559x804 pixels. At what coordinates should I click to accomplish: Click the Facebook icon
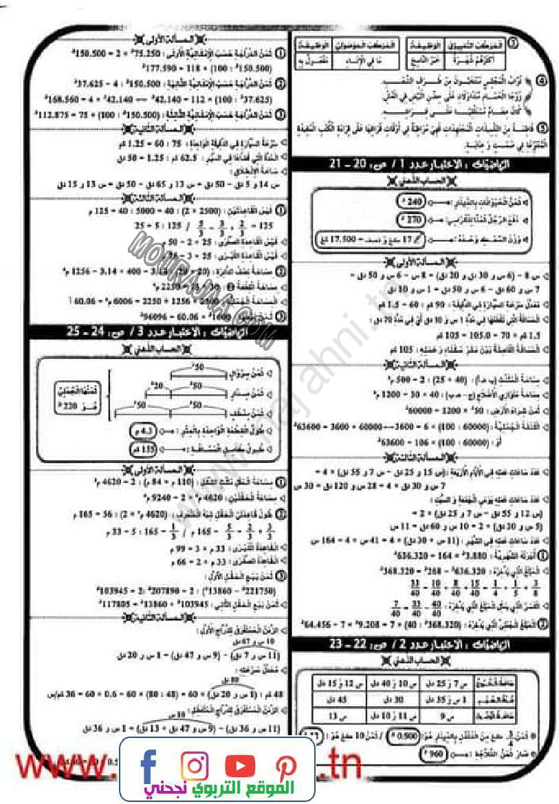point(148,764)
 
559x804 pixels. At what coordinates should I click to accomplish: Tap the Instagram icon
point(195,765)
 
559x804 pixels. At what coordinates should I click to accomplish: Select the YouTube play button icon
point(239,765)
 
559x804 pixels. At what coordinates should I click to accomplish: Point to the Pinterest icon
point(285,765)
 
